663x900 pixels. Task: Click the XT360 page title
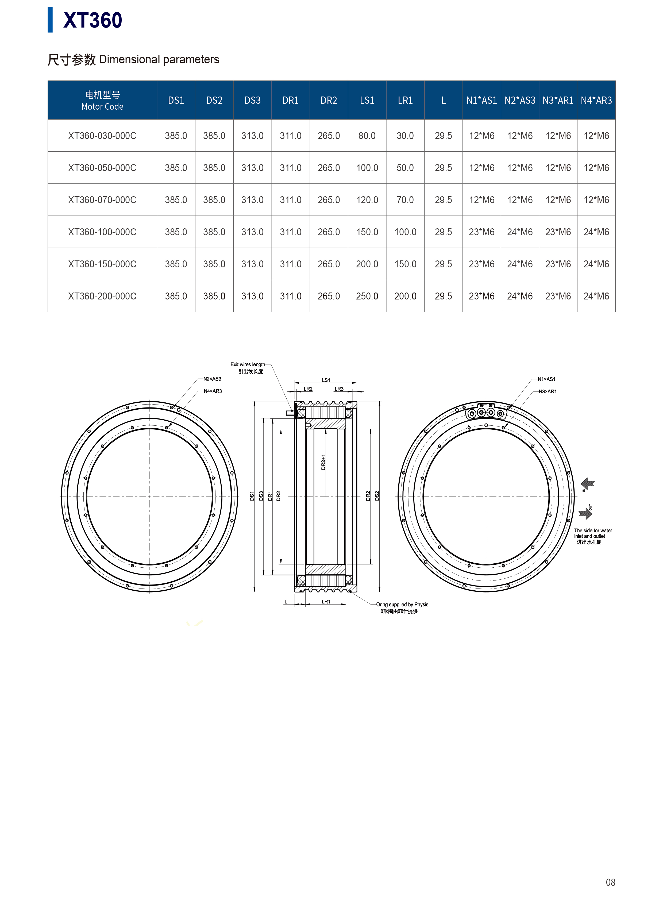pyautogui.click(x=93, y=20)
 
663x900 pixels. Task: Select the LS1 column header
pyautogui.click(x=367, y=100)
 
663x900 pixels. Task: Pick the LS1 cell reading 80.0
pyautogui.click(x=367, y=136)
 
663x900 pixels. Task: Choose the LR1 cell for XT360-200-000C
pyautogui.click(x=405, y=296)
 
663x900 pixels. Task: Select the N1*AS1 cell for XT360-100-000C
pyautogui.click(x=481, y=232)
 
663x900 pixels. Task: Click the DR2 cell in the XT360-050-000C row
pyautogui.click(x=329, y=168)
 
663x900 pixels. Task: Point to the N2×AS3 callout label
pyautogui.click(x=212, y=379)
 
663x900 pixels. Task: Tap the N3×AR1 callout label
pyautogui.click(x=548, y=391)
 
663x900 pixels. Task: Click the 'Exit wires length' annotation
pyautogui.click(x=248, y=364)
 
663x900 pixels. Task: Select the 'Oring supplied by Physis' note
pyautogui.click(x=402, y=605)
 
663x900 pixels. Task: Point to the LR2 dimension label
pyautogui.click(x=308, y=389)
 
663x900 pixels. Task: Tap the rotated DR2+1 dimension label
pyautogui.click(x=323, y=462)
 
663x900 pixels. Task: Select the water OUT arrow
pyautogui.click(x=585, y=513)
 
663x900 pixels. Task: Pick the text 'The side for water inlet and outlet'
pyautogui.click(x=593, y=533)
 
